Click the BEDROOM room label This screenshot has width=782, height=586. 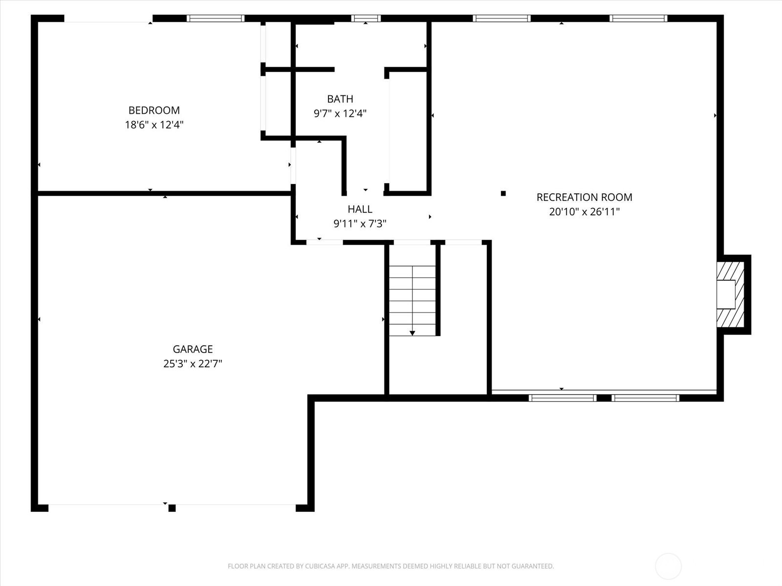point(154,110)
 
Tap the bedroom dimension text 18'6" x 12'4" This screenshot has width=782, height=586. point(154,125)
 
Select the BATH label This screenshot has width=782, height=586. point(340,99)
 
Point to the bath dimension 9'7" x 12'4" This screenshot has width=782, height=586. point(340,113)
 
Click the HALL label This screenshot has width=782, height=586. point(360,209)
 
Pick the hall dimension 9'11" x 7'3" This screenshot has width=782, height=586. point(360,224)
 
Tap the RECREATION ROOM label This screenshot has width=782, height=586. point(584,197)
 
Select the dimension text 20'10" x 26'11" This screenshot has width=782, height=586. point(584,212)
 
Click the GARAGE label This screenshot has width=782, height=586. point(193,349)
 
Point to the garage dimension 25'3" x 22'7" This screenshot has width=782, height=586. point(193,364)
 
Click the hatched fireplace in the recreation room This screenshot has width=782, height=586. point(730,294)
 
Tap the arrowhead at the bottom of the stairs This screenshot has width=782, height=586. point(412,333)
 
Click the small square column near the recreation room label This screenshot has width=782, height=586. point(503,193)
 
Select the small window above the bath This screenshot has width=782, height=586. point(366,19)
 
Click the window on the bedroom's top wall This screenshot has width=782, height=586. point(216,19)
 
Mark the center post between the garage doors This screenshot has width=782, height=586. point(172,508)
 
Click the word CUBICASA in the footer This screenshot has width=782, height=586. point(319,566)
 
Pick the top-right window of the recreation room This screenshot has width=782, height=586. point(638,19)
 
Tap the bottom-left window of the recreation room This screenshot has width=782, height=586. point(563,398)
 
